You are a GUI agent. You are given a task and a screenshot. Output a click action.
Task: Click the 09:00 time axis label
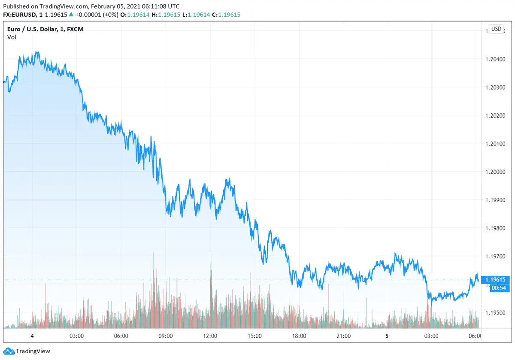click(x=166, y=336)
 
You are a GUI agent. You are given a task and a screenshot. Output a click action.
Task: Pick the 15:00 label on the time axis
click(x=254, y=336)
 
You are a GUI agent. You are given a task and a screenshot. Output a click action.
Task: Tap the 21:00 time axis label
click(x=343, y=336)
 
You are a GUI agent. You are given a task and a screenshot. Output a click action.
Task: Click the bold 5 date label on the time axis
click(x=387, y=336)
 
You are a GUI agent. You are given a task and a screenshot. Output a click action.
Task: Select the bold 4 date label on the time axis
click(x=32, y=336)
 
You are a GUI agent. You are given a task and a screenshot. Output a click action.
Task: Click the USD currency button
click(x=496, y=29)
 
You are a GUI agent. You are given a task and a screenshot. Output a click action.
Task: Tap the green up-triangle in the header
click(x=71, y=15)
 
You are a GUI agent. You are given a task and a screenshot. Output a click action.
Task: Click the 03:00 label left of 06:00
click(x=77, y=336)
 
